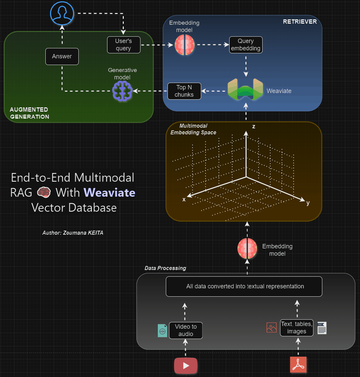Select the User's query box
coord(123,45)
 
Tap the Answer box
coord(62,56)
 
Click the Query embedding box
coord(246,45)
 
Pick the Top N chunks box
coord(184,91)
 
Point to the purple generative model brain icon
coord(122,91)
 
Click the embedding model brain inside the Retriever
coord(185,45)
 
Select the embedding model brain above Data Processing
coord(247,249)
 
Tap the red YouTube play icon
coord(186,366)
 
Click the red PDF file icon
coord(298,365)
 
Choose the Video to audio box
coord(186,330)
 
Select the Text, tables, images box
coord(296,328)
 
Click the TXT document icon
coord(322,328)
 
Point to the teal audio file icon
coord(162,330)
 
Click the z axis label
coord(254,127)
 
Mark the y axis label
coord(308,203)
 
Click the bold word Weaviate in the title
coord(109,193)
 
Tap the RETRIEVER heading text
coord(300,22)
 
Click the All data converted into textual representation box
coord(244,286)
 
